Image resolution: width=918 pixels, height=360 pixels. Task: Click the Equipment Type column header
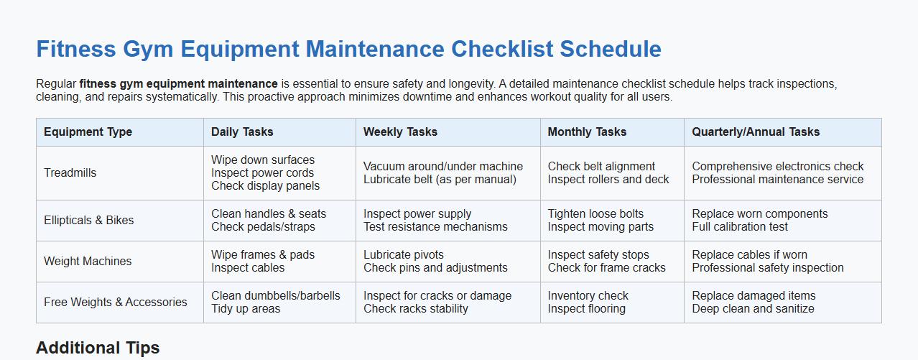pos(88,132)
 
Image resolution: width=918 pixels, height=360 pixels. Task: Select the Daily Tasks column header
pos(242,132)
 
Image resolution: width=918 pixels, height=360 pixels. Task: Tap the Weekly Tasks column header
pos(400,132)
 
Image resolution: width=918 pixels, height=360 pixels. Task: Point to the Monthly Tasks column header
pos(587,132)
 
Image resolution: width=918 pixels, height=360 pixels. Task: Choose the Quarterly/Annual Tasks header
pos(756,132)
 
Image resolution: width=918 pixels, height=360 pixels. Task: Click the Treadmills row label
pos(70,173)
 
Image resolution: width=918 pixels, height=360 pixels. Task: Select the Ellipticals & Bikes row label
pos(88,221)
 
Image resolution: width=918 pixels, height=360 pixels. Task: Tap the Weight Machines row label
pos(88,262)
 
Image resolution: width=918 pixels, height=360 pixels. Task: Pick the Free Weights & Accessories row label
pos(115,303)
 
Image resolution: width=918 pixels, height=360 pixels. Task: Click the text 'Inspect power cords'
pos(262,173)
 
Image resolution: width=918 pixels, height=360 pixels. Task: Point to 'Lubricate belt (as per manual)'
pos(440,180)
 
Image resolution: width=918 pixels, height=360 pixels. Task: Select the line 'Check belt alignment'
pos(601,167)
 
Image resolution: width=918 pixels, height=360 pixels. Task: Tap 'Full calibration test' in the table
pos(740,227)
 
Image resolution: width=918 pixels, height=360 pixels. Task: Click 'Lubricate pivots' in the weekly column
pos(404,255)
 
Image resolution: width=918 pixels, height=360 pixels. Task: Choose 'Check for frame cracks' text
pos(606,268)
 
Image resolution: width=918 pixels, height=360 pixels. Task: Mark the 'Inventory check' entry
pos(588,296)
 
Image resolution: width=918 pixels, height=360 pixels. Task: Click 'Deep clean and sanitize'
pos(753,309)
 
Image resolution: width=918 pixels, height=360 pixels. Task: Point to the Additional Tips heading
pos(98,349)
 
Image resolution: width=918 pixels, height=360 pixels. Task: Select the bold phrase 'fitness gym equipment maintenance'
pos(179,84)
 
